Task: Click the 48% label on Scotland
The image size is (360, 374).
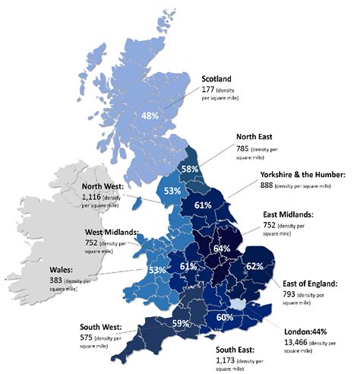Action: click(x=150, y=116)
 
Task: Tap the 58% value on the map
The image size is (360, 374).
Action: click(x=190, y=169)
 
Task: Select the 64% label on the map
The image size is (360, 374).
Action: click(x=222, y=249)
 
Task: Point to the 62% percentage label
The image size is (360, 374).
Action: click(x=254, y=266)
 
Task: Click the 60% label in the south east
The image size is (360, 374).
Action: click(x=225, y=317)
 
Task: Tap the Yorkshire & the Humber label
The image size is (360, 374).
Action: click(x=302, y=174)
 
